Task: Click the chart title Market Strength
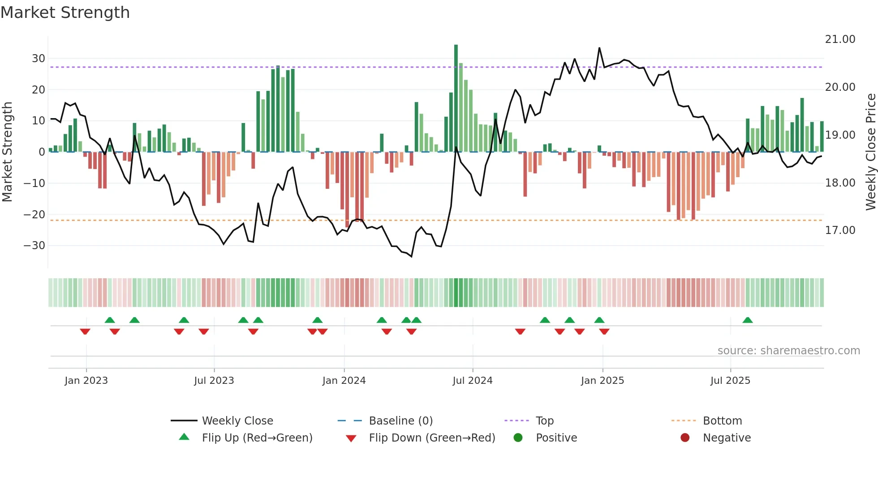click(65, 13)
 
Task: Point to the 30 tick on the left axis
click(38, 59)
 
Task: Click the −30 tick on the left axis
click(34, 246)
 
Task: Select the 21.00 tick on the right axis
click(840, 39)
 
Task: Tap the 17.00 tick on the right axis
click(840, 230)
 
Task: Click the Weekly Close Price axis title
click(870, 152)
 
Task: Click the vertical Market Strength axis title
click(7, 152)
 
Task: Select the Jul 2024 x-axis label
click(472, 381)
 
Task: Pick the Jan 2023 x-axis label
click(86, 381)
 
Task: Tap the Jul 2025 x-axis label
click(730, 381)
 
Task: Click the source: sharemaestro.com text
click(788, 351)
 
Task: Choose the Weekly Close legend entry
click(237, 421)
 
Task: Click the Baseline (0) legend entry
click(400, 421)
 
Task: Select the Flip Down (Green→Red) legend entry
click(431, 438)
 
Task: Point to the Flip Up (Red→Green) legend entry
click(257, 438)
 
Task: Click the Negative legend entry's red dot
click(684, 438)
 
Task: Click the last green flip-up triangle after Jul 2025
click(747, 320)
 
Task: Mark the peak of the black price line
click(599, 48)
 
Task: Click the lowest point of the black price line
click(411, 256)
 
